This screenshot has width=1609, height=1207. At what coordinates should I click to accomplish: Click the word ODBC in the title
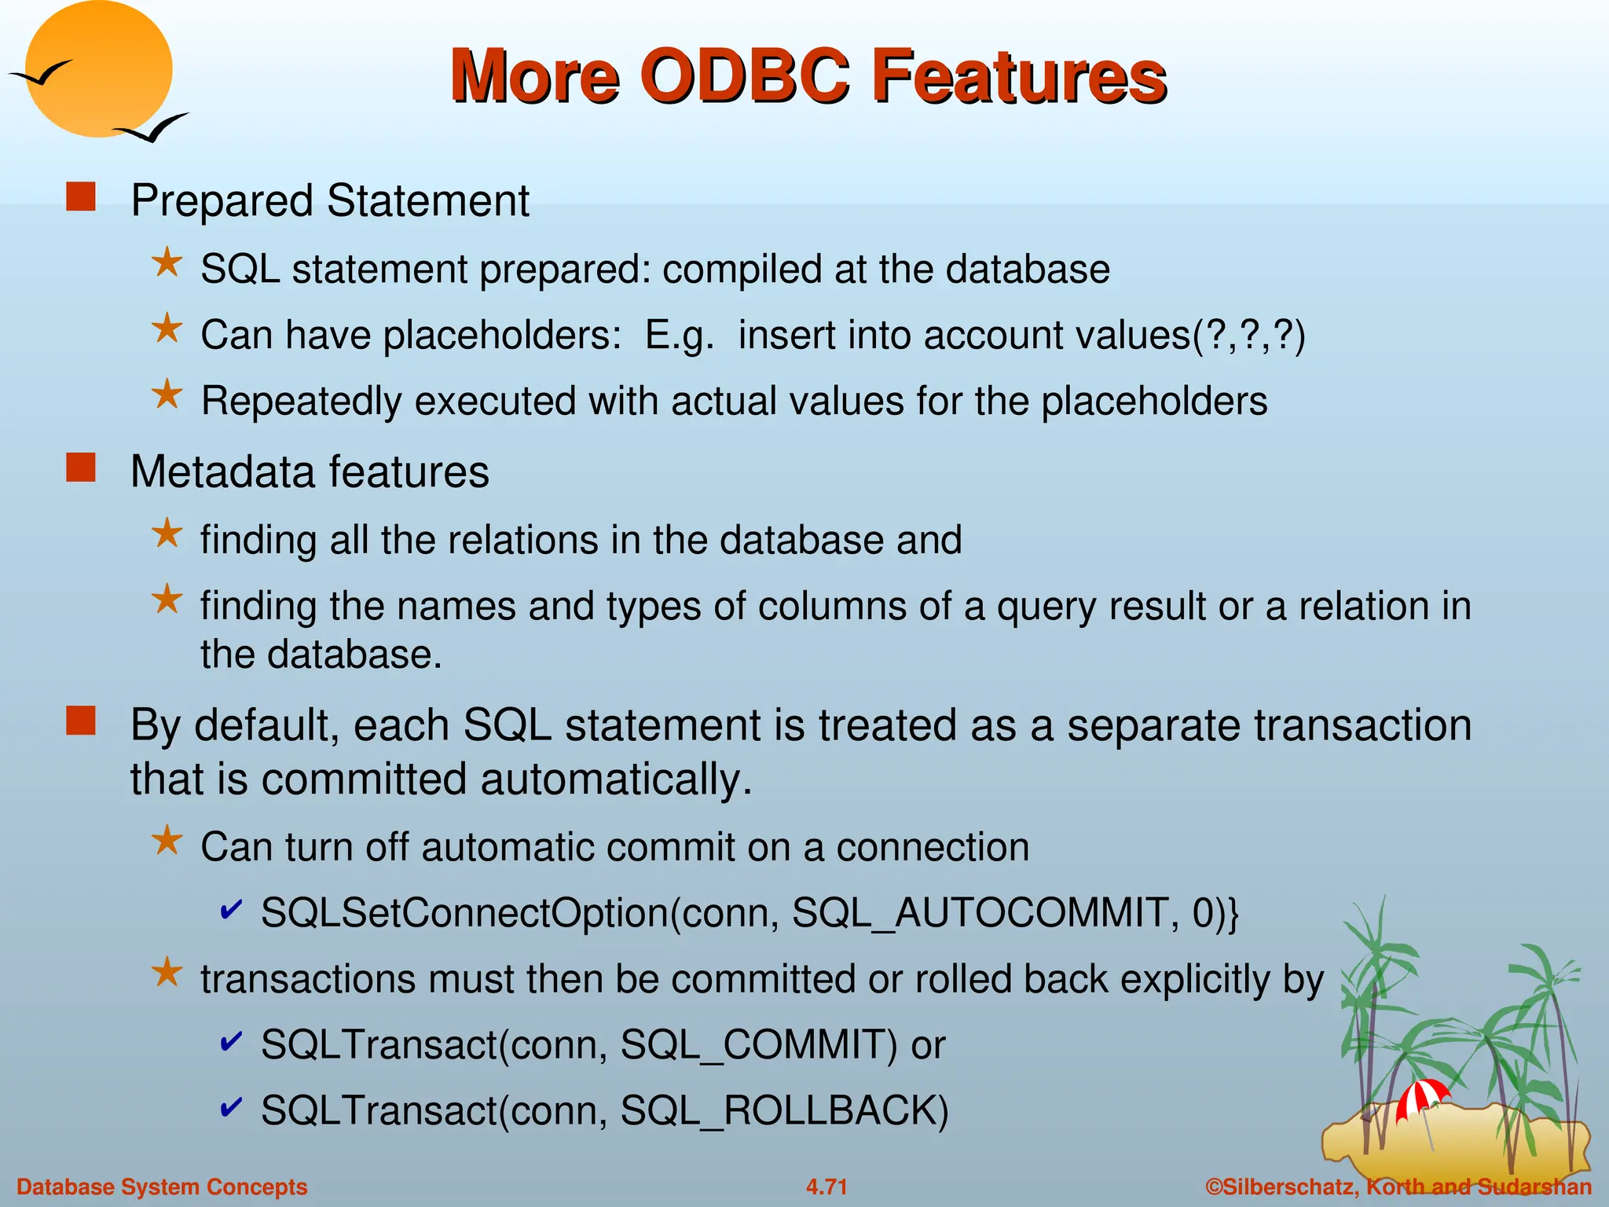click(745, 76)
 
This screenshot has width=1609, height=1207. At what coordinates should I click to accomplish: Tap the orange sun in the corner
click(98, 69)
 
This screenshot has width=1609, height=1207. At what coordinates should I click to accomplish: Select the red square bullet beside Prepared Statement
click(81, 197)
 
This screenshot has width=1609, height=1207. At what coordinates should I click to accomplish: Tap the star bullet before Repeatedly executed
click(167, 395)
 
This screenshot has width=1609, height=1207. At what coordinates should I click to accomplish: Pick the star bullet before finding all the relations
click(167, 534)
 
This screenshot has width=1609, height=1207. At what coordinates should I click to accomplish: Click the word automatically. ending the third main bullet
click(616, 780)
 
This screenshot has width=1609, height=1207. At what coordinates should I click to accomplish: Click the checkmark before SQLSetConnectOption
click(231, 910)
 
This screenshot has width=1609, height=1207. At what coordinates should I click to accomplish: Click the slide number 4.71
click(826, 1187)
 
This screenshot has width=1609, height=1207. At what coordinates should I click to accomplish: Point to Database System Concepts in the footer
click(162, 1187)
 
